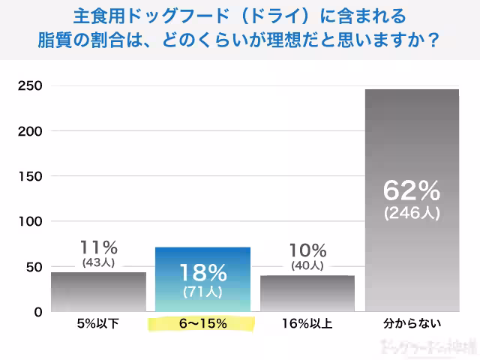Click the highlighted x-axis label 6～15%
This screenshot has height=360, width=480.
(x=202, y=324)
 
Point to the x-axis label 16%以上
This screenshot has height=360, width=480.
(x=307, y=324)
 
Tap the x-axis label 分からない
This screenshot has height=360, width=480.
(x=412, y=324)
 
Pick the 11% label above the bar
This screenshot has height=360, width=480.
(x=98, y=247)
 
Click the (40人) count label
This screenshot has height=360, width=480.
(x=307, y=265)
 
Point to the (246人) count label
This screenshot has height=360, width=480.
(x=412, y=212)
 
